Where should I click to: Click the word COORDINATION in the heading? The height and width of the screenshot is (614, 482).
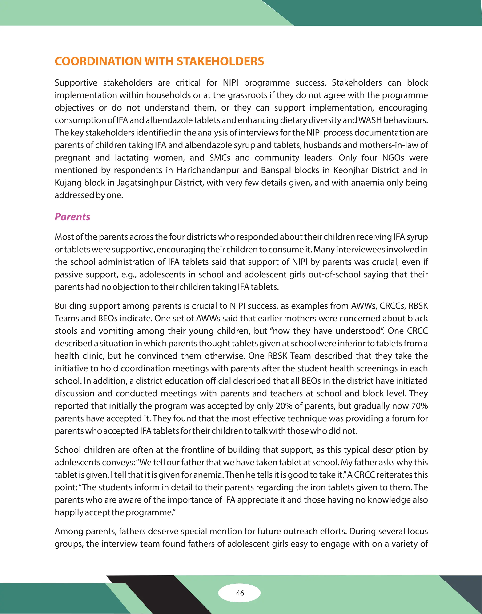coord(98,61)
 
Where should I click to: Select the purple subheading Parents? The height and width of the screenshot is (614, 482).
coord(72,217)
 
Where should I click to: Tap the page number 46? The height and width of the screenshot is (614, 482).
coord(240,593)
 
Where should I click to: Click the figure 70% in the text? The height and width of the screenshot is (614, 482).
coord(419,406)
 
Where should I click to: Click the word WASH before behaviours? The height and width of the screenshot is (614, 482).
coord(370,120)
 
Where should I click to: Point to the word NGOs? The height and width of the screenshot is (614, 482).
coord(393,158)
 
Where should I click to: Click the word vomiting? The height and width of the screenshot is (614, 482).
coord(116,331)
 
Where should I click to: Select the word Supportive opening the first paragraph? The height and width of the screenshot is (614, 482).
coord(76,83)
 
